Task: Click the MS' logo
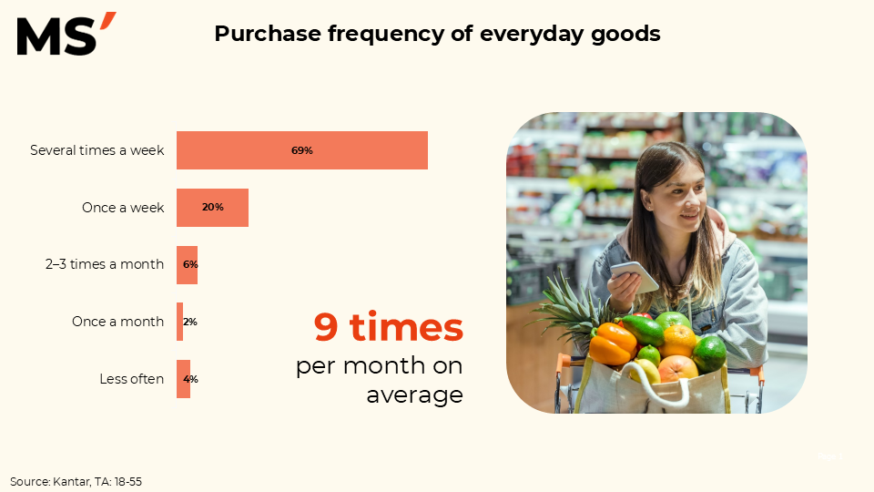pos(66,34)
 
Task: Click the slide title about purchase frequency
pos(437,34)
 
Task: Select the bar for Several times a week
pos(302,150)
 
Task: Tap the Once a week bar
pos(212,208)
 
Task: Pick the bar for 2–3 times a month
pos(188,265)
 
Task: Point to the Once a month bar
pos(180,322)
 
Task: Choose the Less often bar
pos(183,379)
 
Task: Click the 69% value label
pos(302,150)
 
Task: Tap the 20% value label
pos(213,208)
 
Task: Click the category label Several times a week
pos(97,150)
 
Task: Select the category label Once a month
pos(117,322)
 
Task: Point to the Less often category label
pos(131,379)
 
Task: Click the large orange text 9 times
pos(389,327)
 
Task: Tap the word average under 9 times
pos(415,395)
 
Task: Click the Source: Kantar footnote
pos(76,481)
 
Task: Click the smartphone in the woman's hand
pos(635,277)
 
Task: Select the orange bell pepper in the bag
pos(612,343)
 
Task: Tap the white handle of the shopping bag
pos(656,384)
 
